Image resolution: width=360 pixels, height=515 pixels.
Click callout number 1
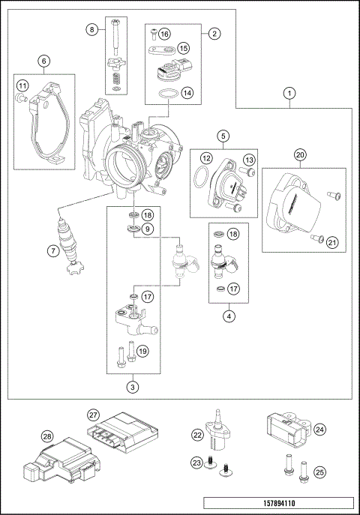(289, 94)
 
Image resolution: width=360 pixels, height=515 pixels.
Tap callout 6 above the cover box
(44, 61)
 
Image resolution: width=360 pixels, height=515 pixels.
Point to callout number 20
(299, 155)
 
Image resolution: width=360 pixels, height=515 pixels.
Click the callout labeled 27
(93, 415)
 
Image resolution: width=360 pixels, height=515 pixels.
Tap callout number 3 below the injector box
(132, 387)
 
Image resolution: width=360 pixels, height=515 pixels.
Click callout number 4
(226, 316)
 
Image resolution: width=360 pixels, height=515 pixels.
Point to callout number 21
(331, 241)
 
